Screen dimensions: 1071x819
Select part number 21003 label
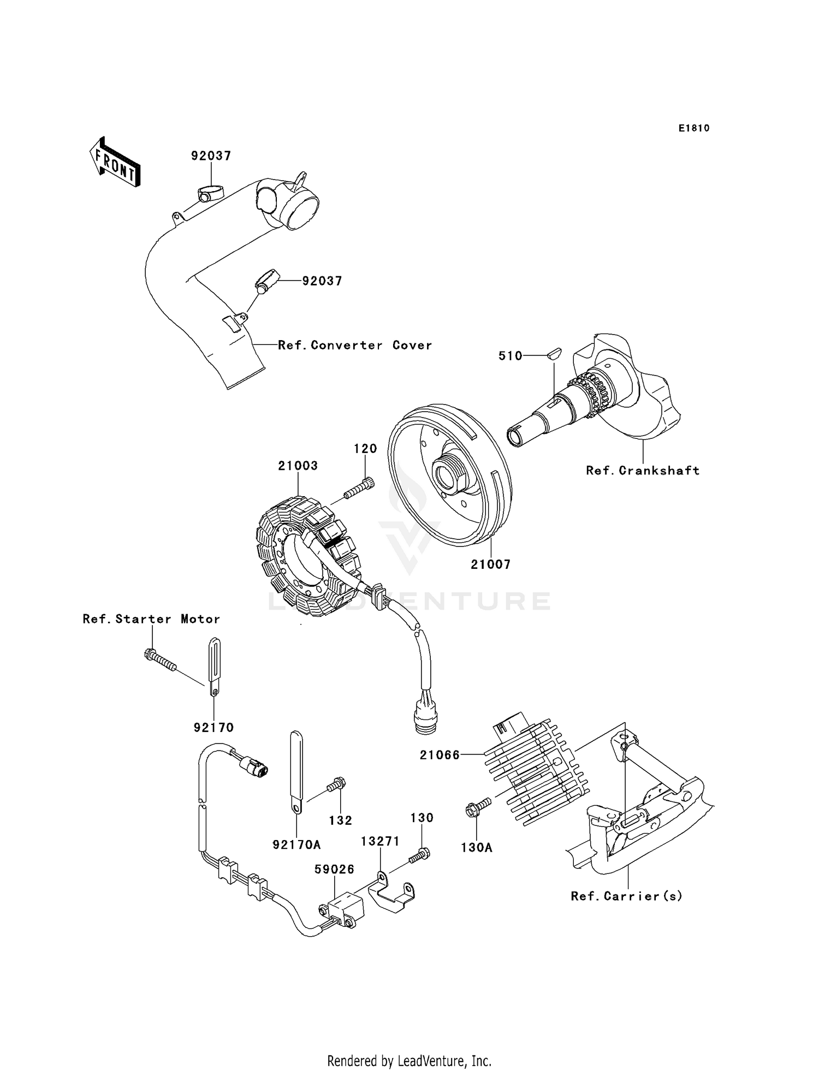[x=298, y=466]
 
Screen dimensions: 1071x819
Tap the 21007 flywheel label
[x=490, y=564]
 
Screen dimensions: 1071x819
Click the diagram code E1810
[x=694, y=128]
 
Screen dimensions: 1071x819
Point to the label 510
[x=511, y=356]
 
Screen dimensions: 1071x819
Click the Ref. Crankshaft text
[x=643, y=471]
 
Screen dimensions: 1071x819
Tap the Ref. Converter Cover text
[x=355, y=345]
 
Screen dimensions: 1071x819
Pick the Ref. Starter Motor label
[x=151, y=619]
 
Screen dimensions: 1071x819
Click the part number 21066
[x=440, y=755]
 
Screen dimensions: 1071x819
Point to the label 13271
[x=380, y=841]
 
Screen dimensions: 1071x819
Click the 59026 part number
[x=334, y=869]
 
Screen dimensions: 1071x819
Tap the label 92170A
[x=296, y=844]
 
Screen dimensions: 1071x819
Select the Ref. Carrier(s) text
[x=627, y=896]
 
